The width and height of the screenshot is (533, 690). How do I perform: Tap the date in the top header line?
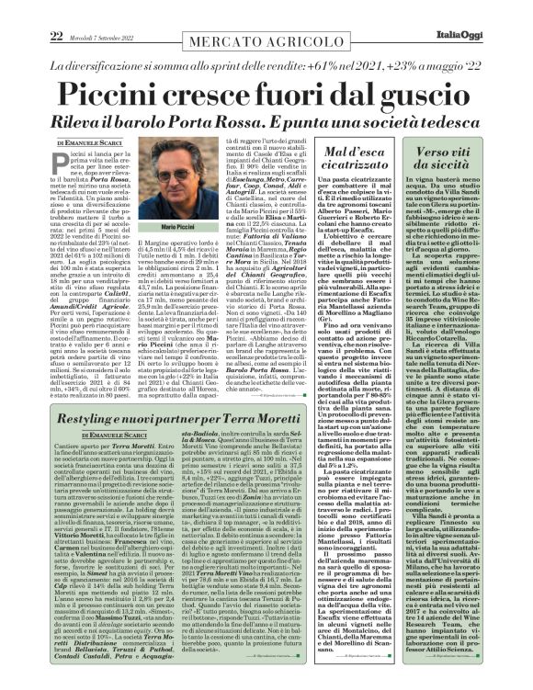coord(104,11)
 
